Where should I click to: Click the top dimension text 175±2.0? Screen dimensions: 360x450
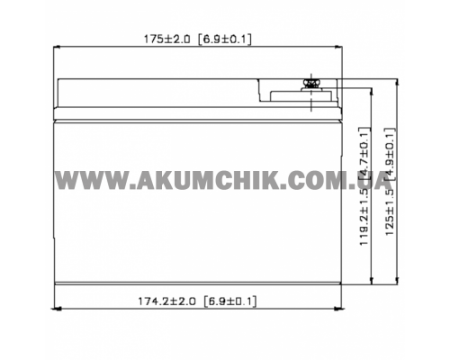(166, 40)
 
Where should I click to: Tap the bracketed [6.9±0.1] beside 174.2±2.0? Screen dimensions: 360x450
(229, 301)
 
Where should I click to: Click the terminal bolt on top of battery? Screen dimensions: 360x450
(311, 84)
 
